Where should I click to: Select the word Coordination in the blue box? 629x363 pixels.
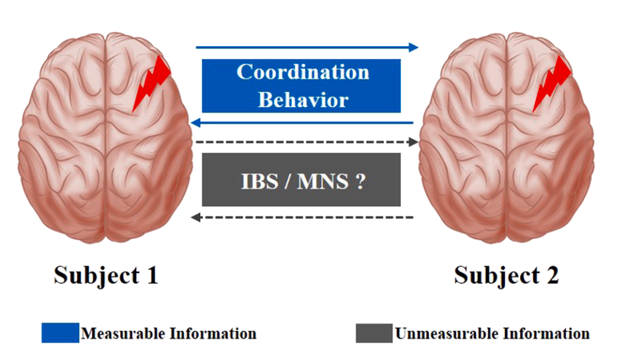302,72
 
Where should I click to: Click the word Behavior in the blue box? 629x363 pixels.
302,99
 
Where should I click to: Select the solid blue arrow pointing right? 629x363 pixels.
307,47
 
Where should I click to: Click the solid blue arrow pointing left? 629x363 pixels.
302,123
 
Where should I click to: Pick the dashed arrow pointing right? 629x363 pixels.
307,142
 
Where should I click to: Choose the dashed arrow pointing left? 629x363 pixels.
302,217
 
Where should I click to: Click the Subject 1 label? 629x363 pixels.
106,275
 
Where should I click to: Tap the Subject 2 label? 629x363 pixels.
506,275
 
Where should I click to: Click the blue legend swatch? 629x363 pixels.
60,333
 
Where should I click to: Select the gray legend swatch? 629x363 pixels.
373,333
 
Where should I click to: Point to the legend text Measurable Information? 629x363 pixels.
169,333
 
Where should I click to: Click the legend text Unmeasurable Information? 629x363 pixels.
492,333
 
